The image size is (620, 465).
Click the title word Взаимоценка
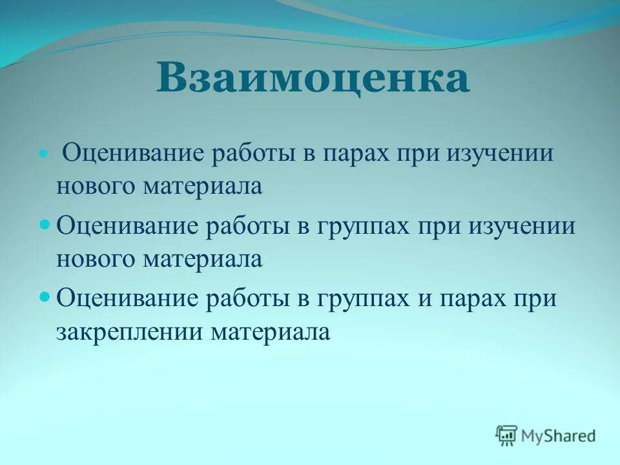coord(313,79)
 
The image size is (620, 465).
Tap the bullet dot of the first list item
coord(44,155)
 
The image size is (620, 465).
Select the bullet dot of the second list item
coord(45,226)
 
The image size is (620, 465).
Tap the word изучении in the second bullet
coord(524,228)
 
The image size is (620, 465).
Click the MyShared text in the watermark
coord(559,435)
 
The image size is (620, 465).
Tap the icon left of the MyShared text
coord(506,435)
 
